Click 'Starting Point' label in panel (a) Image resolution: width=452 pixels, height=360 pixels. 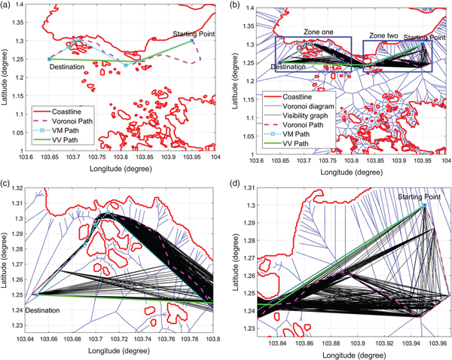coord(192,34)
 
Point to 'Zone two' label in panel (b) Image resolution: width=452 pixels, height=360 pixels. coord(383,36)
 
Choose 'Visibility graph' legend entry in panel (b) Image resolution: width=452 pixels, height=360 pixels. coord(316,117)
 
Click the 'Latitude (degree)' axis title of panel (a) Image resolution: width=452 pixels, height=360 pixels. coord(6,79)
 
